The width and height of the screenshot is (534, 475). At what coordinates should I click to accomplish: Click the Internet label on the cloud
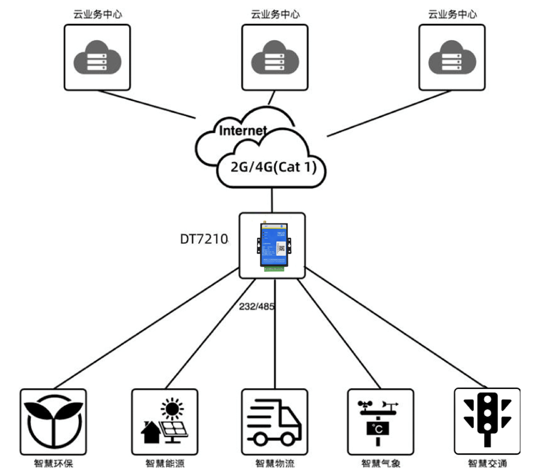click(x=243, y=131)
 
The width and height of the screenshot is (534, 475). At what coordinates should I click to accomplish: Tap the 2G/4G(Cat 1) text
click(x=273, y=167)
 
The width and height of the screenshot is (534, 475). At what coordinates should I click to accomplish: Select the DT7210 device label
click(x=204, y=239)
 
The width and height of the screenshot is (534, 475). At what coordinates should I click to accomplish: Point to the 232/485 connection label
click(x=256, y=307)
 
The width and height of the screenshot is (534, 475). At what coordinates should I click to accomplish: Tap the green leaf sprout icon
click(x=53, y=422)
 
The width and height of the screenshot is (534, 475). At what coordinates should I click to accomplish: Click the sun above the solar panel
click(x=172, y=408)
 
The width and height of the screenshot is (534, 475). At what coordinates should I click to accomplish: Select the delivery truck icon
click(x=275, y=422)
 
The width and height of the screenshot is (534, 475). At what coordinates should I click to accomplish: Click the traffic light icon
click(x=487, y=419)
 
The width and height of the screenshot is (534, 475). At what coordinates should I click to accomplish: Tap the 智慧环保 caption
click(x=53, y=463)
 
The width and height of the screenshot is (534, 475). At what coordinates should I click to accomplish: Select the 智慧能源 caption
click(x=165, y=463)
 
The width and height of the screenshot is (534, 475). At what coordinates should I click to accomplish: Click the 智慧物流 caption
click(x=275, y=463)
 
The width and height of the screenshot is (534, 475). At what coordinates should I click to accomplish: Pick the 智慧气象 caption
click(x=381, y=463)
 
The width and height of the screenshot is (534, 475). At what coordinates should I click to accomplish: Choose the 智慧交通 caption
click(x=487, y=463)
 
